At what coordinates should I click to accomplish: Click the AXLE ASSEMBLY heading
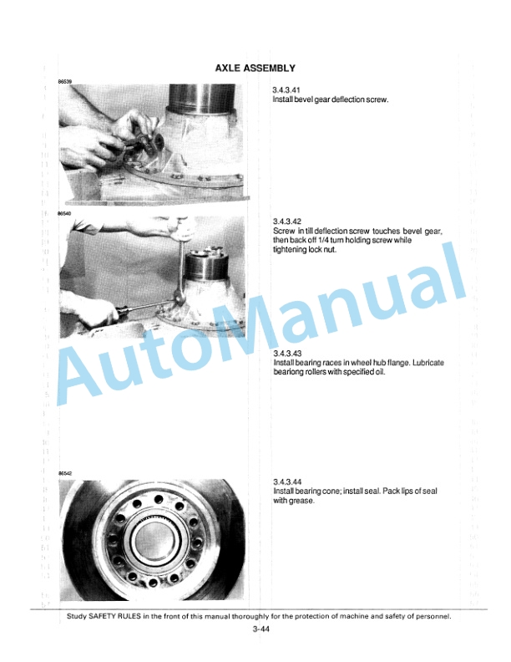click(255, 68)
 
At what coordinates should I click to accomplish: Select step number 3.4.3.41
click(286, 90)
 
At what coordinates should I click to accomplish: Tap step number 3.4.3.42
click(286, 222)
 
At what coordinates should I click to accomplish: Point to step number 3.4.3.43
click(286, 353)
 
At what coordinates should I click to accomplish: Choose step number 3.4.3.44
click(287, 481)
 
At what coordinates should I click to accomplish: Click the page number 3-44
click(261, 629)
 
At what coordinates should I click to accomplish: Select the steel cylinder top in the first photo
click(202, 96)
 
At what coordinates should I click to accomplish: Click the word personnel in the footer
click(434, 616)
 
